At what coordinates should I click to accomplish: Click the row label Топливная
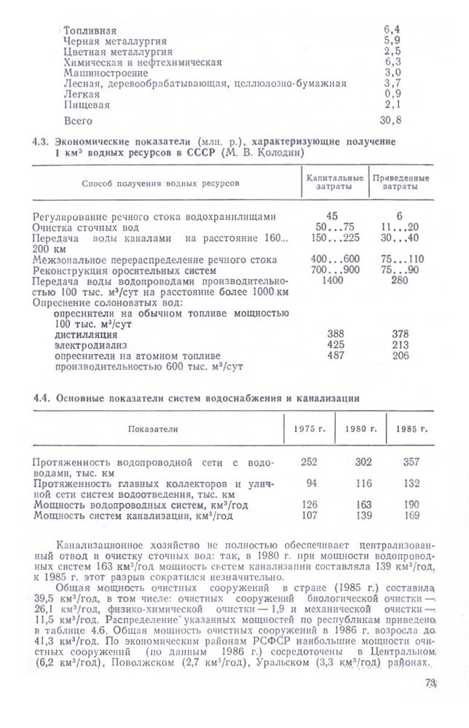(x=90, y=31)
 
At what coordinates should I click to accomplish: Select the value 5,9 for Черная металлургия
(x=392, y=41)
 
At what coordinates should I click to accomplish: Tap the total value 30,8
(x=392, y=119)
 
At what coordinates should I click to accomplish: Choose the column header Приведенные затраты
(x=400, y=183)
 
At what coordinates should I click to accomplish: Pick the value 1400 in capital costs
(x=331, y=280)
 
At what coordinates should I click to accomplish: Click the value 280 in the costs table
(x=399, y=280)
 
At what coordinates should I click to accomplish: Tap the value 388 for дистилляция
(x=336, y=334)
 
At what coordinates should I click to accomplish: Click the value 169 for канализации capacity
(x=411, y=515)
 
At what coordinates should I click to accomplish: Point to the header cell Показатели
(x=153, y=429)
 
